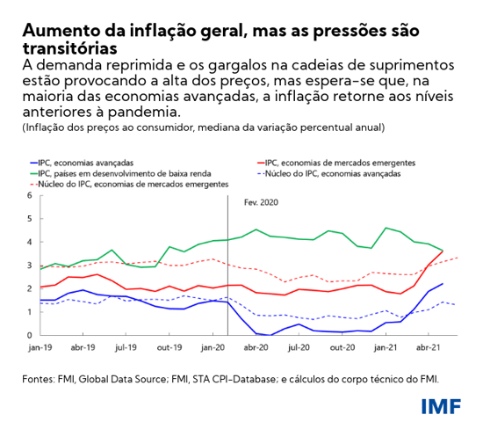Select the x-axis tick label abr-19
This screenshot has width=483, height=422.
point(83,347)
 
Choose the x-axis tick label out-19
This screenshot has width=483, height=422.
point(168,347)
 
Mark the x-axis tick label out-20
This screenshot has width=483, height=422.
point(342,347)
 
